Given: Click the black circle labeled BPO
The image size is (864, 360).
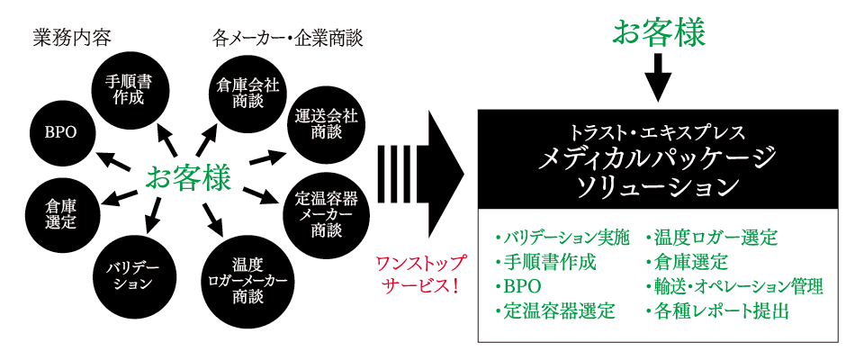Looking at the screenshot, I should click(61, 131).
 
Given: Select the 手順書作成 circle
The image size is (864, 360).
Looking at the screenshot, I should click(129, 90).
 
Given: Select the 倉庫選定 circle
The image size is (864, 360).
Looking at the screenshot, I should click(61, 212).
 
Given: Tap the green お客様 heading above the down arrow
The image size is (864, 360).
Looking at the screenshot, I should click(659, 31).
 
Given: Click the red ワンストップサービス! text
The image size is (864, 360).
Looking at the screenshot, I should click(420, 275).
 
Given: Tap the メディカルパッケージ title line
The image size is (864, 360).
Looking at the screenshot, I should click(658, 159).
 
